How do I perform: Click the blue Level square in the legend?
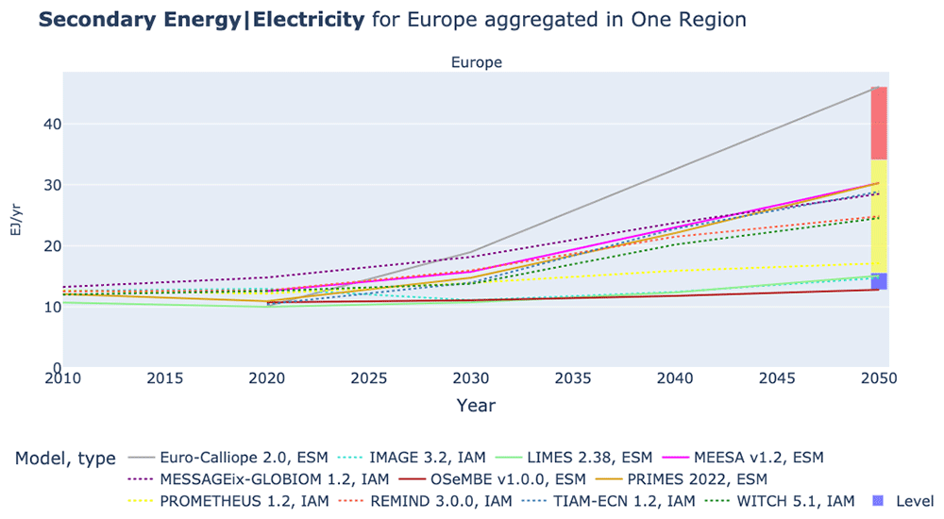click(878, 501)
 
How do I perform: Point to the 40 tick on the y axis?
click(52, 124)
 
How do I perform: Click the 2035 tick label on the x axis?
click(573, 378)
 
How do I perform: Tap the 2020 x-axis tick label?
click(267, 378)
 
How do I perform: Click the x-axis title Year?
click(476, 405)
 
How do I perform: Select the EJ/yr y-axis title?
click(16, 219)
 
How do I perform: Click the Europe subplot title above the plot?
click(476, 62)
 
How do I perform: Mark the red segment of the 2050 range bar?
click(879, 124)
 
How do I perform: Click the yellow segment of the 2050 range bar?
click(879, 216)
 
